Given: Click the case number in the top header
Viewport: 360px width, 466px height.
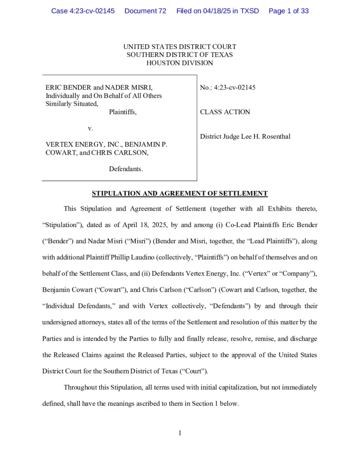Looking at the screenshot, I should [x=83, y=11].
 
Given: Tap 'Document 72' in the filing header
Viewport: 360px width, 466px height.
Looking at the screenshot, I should [x=145, y=11].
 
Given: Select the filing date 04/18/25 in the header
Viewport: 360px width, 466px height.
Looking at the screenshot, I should [x=217, y=11].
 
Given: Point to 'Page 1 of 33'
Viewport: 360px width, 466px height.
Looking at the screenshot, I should [x=289, y=11].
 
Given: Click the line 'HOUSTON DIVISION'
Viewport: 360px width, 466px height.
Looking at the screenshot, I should [x=180, y=63].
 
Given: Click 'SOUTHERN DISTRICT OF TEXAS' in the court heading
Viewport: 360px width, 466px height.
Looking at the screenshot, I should [x=180, y=55].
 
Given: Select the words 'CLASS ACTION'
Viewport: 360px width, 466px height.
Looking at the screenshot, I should [x=225, y=112].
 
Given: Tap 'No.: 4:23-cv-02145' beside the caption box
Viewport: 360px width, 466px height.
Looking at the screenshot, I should [x=228, y=87].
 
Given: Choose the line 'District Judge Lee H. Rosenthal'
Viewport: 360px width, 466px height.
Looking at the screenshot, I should [x=245, y=137].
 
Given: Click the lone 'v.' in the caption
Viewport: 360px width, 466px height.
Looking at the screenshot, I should [x=90, y=128].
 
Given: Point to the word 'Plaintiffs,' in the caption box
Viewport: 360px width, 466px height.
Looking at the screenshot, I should [x=122, y=112].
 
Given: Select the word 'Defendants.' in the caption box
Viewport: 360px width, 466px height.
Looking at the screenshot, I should [x=126, y=169].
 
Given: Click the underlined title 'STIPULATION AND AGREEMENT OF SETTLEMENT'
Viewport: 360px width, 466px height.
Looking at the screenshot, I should [x=180, y=193].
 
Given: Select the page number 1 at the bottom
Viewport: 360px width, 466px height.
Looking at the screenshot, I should [x=180, y=433].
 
